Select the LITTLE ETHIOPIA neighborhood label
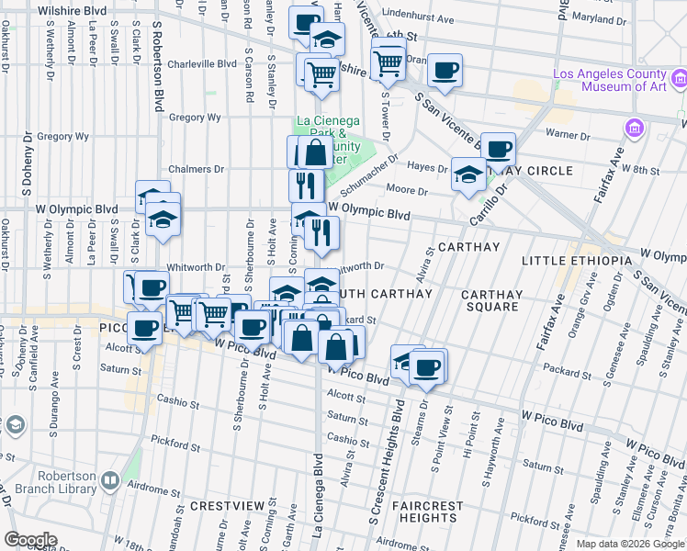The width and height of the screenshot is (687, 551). pos(577,262)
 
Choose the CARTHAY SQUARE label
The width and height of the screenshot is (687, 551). pos(491,301)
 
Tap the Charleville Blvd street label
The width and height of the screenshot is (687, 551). pos(201,64)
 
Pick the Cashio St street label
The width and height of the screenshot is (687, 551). pos(172,400)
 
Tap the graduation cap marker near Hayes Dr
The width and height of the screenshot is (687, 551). pos(468,174)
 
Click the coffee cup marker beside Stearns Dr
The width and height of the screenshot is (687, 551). pos(425,367)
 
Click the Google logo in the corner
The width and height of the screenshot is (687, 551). pos(30,540)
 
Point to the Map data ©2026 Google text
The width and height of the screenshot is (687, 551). pos(629,544)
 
